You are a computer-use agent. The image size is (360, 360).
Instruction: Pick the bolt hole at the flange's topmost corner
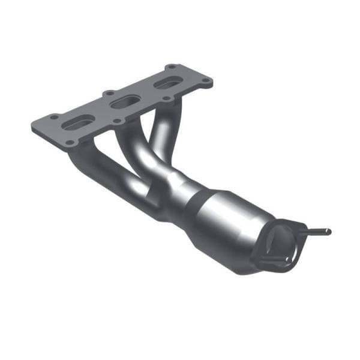point(172,67)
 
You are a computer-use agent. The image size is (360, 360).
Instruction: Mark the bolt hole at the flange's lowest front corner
point(71,142)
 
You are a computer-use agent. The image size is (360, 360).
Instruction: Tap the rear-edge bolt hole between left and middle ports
point(109,94)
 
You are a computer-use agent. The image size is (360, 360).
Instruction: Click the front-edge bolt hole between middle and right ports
point(163,99)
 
